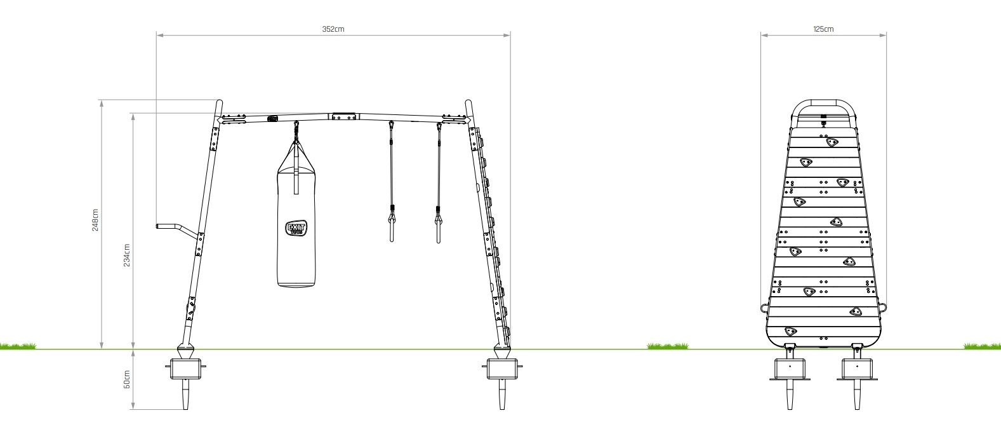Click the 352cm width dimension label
point(333,29)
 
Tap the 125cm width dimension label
point(823,29)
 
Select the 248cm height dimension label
point(95,219)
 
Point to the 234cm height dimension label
point(127,255)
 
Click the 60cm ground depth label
point(127,379)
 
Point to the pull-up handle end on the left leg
point(158,226)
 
